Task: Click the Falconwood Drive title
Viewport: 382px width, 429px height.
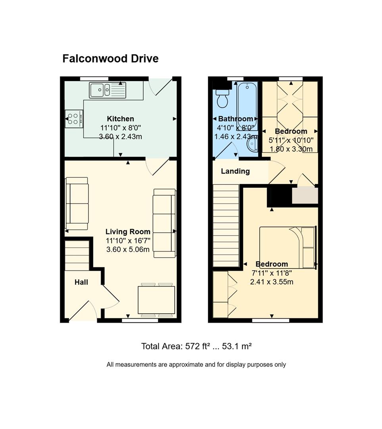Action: (x=110, y=58)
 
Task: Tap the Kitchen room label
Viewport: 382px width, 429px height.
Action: (x=121, y=119)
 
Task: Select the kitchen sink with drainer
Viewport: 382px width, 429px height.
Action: (x=107, y=90)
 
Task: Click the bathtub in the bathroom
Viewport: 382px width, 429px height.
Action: (x=247, y=102)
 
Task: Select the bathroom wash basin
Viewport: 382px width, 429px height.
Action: (x=252, y=144)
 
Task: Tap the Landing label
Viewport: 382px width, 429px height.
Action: (x=235, y=171)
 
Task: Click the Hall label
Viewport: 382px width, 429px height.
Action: (x=81, y=282)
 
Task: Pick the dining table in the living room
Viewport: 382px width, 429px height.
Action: (x=156, y=300)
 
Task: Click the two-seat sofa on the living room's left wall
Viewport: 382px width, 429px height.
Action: (x=77, y=203)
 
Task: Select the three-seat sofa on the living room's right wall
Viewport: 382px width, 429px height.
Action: (x=164, y=223)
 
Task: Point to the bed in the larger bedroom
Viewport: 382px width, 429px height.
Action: (x=288, y=247)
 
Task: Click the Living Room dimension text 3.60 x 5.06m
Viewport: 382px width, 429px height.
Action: (x=128, y=249)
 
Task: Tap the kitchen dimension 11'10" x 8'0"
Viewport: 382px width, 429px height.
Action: (x=121, y=128)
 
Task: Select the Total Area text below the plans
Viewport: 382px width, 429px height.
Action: (x=196, y=346)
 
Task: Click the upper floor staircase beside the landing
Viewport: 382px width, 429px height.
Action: (x=226, y=226)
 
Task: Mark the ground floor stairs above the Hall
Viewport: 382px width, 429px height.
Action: (x=77, y=255)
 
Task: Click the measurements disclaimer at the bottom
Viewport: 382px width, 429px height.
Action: (x=196, y=364)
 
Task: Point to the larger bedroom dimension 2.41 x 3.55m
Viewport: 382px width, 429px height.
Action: (x=272, y=282)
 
